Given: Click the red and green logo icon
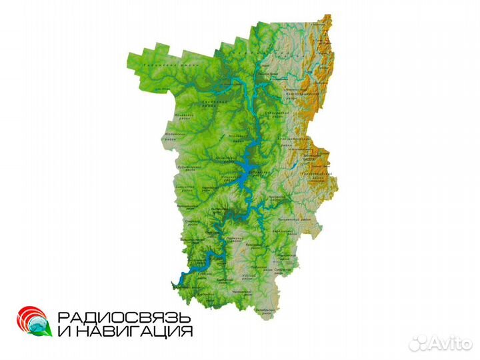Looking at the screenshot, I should click(33, 321).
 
